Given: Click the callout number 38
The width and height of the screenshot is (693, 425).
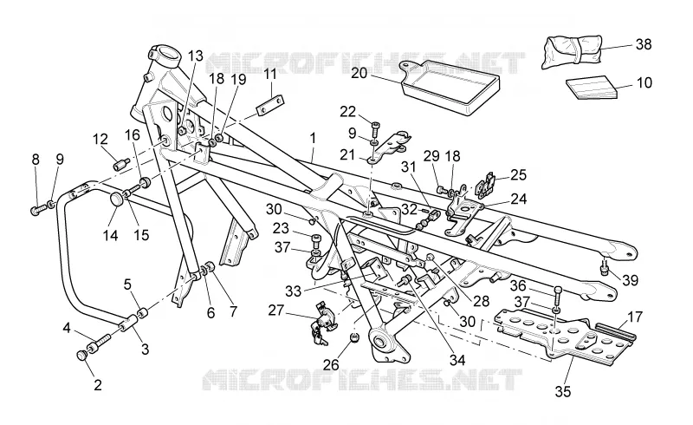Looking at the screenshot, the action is coord(644,44).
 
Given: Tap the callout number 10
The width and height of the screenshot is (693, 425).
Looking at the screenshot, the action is coord(644,82).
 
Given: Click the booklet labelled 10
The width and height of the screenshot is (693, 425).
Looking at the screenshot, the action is coord(593,88).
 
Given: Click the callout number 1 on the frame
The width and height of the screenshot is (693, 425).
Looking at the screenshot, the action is coord(313,138).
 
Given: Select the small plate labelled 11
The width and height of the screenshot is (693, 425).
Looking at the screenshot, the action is coord(269,105).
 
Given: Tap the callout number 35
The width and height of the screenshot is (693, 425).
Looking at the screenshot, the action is coord(562,391).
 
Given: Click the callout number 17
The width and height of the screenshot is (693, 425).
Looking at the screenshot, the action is coord(635,317).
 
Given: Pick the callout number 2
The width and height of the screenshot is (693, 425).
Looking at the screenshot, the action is coord(98,384).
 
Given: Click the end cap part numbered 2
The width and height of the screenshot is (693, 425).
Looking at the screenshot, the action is coord(82,355).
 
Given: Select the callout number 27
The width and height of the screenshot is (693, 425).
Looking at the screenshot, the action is coord(275,310).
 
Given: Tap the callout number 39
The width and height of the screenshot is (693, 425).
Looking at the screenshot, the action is coord(631,280).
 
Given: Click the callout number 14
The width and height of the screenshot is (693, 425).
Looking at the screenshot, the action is coord(111,235).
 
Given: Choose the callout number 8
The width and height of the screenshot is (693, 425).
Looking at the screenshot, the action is coord(36,160).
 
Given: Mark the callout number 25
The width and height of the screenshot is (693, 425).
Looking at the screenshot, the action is coord(518,174).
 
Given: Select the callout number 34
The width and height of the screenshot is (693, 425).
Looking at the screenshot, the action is coord(457,359).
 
